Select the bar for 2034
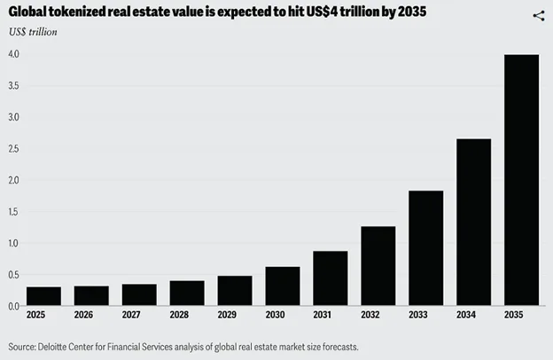tap(473, 222)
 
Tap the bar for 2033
tap(425, 248)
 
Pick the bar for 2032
tap(378, 266)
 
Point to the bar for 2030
tap(282, 286)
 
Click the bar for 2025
tap(43, 296)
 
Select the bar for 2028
tap(187, 293)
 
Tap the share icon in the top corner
tap(538, 15)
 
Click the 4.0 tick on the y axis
tap(13, 55)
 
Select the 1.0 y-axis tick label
tap(13, 243)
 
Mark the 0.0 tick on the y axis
tap(13, 306)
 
